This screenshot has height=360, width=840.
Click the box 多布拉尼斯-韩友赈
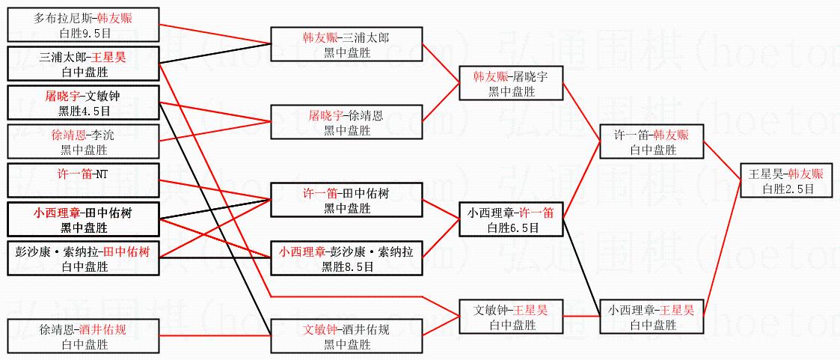tap(83, 25)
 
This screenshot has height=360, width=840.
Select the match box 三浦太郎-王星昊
tap(83, 64)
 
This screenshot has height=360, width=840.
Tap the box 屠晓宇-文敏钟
tap(83, 103)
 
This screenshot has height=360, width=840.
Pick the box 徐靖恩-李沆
tap(83, 141)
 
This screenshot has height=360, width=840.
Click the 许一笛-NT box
tap(83, 181)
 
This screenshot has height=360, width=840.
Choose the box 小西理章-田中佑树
tap(83, 220)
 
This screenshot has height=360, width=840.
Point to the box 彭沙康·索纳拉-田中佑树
tap(83, 258)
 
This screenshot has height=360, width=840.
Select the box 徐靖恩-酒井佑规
tap(83, 336)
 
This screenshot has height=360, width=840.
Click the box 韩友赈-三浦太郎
tap(346, 44)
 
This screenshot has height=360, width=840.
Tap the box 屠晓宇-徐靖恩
tap(346, 122)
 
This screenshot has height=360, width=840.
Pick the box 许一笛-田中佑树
tap(346, 201)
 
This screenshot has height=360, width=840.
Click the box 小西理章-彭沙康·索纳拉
tap(346, 258)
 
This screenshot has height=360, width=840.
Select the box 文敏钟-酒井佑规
tap(346, 336)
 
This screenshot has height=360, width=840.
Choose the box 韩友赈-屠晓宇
tap(511, 83)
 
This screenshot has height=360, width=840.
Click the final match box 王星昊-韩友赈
tap(787, 181)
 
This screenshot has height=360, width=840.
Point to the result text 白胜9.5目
tap(83, 33)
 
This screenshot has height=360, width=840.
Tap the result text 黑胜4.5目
tap(83, 111)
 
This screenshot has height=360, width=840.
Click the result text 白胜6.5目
tap(511, 228)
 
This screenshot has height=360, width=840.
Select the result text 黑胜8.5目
tap(346, 266)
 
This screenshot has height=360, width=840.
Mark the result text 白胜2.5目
tap(787, 189)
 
